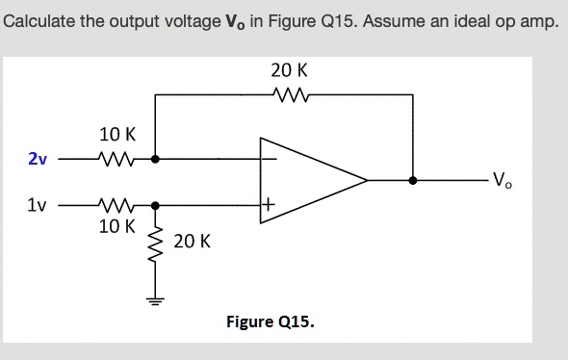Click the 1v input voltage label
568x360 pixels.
click(x=37, y=205)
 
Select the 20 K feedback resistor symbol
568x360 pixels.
click(x=290, y=94)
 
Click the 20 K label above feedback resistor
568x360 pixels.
click(x=289, y=70)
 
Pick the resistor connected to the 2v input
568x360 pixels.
click(x=117, y=159)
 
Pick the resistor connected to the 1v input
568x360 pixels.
click(x=117, y=205)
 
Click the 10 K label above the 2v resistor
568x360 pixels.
click(x=117, y=136)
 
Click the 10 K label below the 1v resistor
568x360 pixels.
click(x=117, y=227)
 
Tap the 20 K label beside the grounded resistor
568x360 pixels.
click(x=193, y=241)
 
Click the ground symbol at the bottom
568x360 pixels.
click(x=154, y=297)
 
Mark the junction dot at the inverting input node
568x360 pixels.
click(x=155, y=159)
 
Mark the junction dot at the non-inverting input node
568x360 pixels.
click(x=155, y=205)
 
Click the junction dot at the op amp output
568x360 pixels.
click(x=414, y=180)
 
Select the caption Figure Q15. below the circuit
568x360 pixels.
click(x=270, y=321)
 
